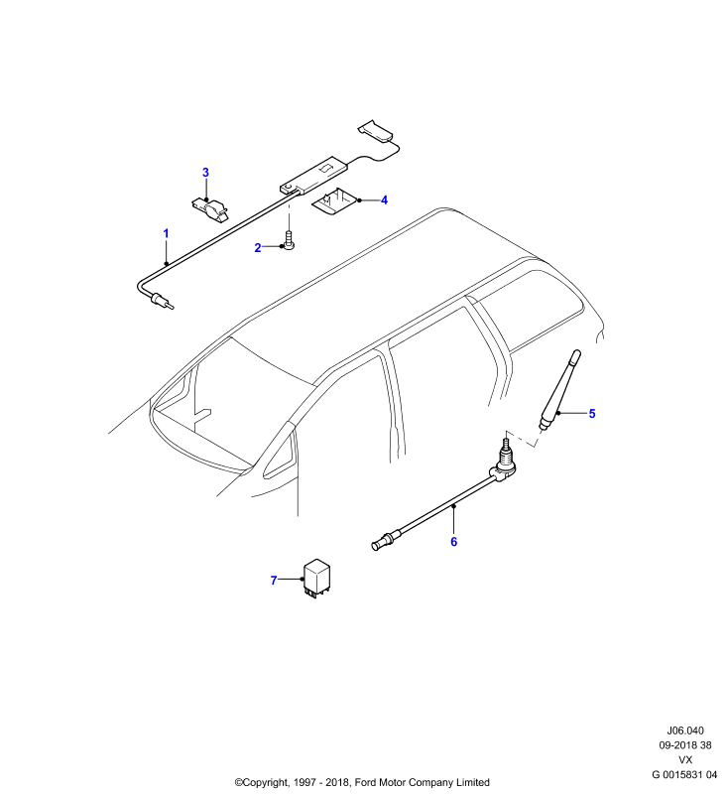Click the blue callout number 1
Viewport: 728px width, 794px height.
tap(166, 233)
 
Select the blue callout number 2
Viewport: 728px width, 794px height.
tap(258, 247)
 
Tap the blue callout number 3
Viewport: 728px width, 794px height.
tap(205, 173)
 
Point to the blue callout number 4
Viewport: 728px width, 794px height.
tap(384, 200)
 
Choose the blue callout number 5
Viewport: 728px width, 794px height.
tap(592, 414)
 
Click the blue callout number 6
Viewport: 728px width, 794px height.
tap(454, 542)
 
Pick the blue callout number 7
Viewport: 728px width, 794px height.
tap(274, 581)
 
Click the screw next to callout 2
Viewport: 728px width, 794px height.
tap(290, 240)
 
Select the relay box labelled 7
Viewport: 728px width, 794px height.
tap(316, 579)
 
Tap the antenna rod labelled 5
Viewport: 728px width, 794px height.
tap(560, 390)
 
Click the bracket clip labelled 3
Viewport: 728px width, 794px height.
tap(209, 208)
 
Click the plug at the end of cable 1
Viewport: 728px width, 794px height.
tap(161, 300)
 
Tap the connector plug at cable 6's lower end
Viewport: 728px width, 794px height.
tap(387, 540)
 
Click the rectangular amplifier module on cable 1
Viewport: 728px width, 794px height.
tap(314, 175)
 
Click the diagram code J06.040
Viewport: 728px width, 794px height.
tap(685, 730)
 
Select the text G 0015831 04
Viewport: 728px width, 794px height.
tap(684, 775)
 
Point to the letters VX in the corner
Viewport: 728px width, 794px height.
tap(685, 760)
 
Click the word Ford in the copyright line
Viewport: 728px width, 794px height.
tap(365, 782)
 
